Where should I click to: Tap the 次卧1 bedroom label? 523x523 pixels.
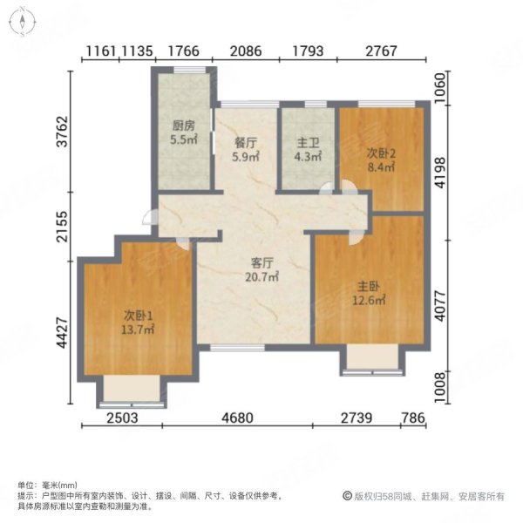(x=137, y=315)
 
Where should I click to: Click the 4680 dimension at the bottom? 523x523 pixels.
(x=236, y=418)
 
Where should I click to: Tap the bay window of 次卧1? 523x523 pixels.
(x=130, y=391)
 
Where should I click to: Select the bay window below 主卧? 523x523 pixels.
(x=371, y=360)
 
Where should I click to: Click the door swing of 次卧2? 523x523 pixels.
(x=346, y=187)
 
